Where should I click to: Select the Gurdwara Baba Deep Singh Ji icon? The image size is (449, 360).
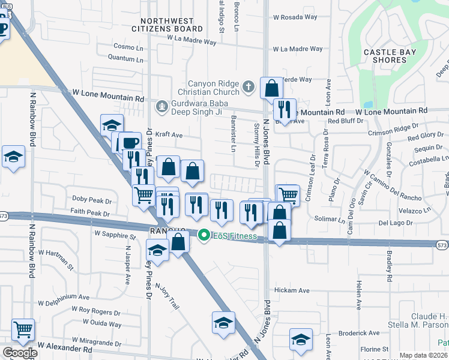tap(161, 107)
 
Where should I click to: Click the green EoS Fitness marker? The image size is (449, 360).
tap(204, 236)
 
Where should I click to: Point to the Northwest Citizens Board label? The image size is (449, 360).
tap(167, 25)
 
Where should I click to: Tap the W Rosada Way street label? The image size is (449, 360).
tap(295, 17)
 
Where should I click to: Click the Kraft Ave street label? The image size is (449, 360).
tap(169, 135)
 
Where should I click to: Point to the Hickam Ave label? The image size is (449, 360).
tap(291, 290)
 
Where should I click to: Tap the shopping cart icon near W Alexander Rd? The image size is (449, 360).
tap(23, 328)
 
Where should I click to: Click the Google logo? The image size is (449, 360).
tap(20, 353)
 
